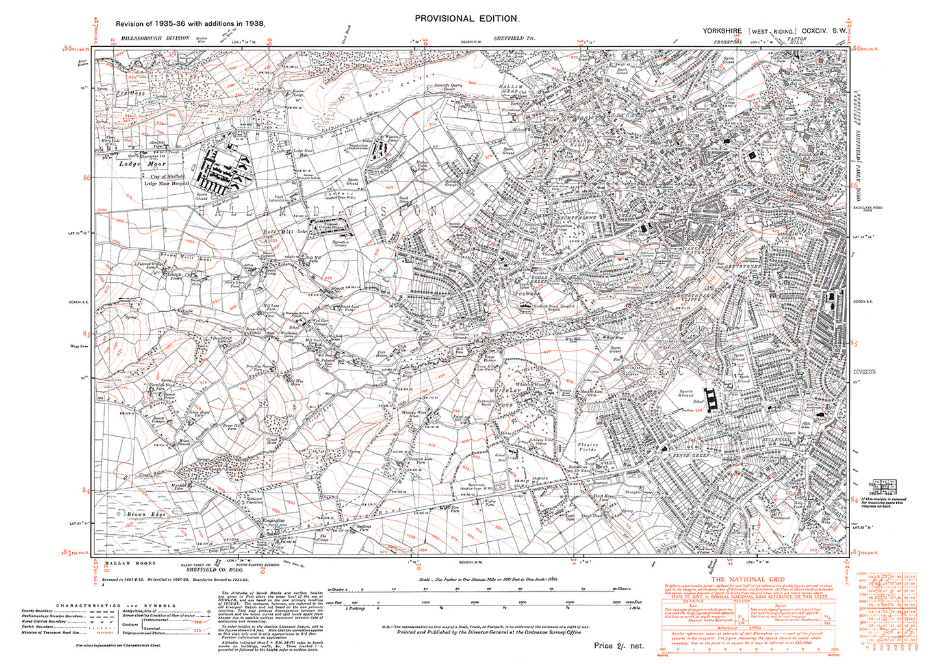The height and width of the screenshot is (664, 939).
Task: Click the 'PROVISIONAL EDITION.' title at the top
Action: coord(467,19)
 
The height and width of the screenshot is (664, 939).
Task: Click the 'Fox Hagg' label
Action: coord(131,92)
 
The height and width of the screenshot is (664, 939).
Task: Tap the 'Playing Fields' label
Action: coord(588,447)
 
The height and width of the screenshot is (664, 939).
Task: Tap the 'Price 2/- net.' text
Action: coord(618,646)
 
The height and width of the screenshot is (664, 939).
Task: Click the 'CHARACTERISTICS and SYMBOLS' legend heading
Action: coord(116,606)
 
